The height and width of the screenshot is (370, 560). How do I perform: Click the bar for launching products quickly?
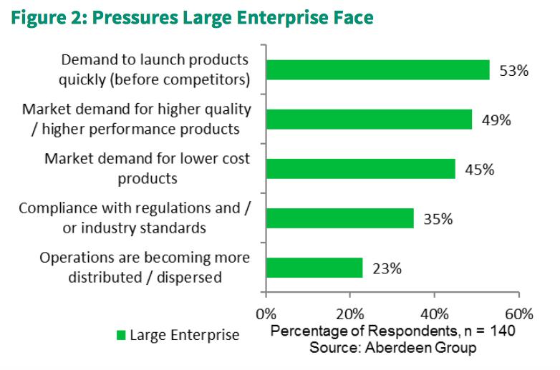[377, 69]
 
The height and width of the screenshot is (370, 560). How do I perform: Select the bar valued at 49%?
[369, 119]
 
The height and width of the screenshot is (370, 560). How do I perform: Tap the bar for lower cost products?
[360, 168]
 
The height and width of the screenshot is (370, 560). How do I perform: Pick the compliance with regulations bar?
[339, 218]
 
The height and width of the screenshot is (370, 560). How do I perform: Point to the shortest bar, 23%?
[314, 268]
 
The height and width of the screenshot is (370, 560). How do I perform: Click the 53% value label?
[514, 71]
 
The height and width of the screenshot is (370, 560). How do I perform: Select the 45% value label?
[479, 170]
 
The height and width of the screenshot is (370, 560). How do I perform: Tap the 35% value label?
[438, 219]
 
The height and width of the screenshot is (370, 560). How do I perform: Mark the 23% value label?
[387, 269]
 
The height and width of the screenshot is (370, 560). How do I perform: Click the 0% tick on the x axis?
[266, 314]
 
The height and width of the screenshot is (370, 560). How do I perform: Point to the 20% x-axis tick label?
[350, 314]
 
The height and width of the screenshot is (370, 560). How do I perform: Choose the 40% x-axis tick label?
[434, 314]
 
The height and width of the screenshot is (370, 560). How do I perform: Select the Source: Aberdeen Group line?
[392, 347]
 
